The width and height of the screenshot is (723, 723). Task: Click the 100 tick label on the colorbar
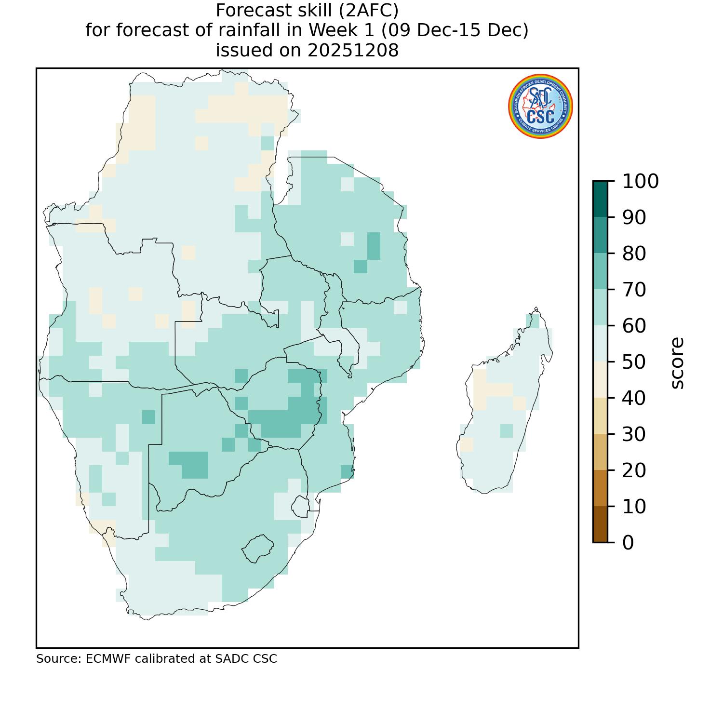tap(640, 182)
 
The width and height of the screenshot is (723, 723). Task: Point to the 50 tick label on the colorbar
tap(634, 362)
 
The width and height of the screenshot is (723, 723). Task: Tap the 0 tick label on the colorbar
tap(628, 543)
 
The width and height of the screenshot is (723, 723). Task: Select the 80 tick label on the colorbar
tap(634, 254)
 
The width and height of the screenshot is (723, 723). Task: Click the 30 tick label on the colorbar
tap(634, 434)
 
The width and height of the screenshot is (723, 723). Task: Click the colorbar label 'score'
tap(677, 362)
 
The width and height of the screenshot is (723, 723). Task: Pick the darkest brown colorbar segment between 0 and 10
tap(600, 524)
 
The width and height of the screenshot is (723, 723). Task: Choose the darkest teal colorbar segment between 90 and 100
tap(600, 199)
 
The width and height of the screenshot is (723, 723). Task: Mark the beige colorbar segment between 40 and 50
tap(600, 379)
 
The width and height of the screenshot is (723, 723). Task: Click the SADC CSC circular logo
tap(540, 107)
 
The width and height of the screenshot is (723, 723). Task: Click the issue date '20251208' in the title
tap(353, 50)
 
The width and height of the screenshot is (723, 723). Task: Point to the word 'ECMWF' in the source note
tap(108, 659)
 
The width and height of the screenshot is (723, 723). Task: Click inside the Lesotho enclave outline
tap(258, 549)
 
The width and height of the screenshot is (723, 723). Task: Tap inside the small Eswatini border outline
tap(301, 507)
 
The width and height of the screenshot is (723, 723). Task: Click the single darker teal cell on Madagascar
tap(506, 430)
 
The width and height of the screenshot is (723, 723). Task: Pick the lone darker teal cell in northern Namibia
tap(149, 417)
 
